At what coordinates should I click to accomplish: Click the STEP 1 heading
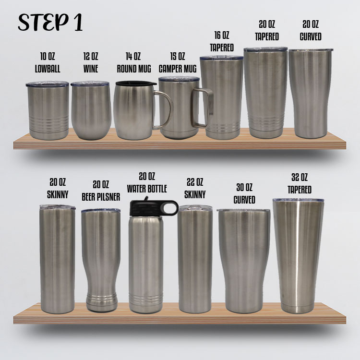pyautogui.click(x=50, y=21)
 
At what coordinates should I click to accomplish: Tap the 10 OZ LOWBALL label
pyautogui.click(x=48, y=63)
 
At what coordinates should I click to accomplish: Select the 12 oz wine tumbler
pyautogui.click(x=91, y=112)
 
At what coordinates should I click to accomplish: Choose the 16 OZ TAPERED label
pyautogui.click(x=222, y=41)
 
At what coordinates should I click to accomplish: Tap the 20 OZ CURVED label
pyautogui.click(x=311, y=30)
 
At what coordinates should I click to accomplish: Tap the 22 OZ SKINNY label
pyautogui.click(x=195, y=188)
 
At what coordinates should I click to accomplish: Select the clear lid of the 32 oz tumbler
pyautogui.click(x=298, y=200)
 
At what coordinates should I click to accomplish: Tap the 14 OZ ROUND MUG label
pyautogui.click(x=134, y=63)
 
